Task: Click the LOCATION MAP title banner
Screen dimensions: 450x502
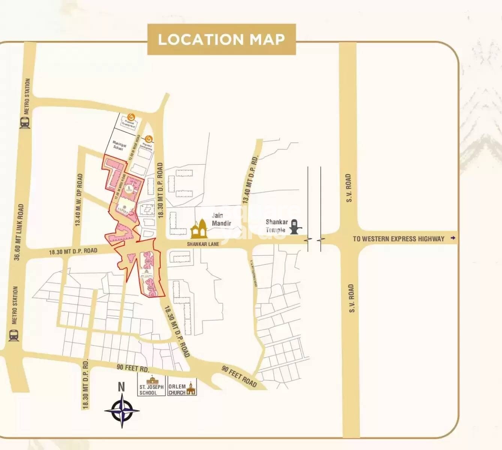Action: (x=221, y=39)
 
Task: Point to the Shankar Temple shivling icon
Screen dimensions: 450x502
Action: (x=296, y=226)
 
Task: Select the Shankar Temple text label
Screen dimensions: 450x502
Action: (x=277, y=226)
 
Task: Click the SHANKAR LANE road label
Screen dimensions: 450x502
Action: (x=203, y=244)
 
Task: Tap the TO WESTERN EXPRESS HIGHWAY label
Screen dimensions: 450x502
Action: (x=398, y=238)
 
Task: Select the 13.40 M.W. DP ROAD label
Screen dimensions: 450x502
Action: (x=79, y=199)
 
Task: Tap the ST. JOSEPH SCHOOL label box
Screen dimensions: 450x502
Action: (x=152, y=390)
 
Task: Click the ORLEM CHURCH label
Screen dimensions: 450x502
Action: (x=177, y=390)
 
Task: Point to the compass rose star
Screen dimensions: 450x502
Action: (x=122, y=411)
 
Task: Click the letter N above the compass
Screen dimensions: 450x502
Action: (x=121, y=387)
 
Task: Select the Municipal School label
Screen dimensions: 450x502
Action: (x=119, y=146)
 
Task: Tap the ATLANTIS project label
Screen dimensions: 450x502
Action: (x=146, y=276)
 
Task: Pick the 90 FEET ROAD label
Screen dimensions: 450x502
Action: (x=239, y=376)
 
